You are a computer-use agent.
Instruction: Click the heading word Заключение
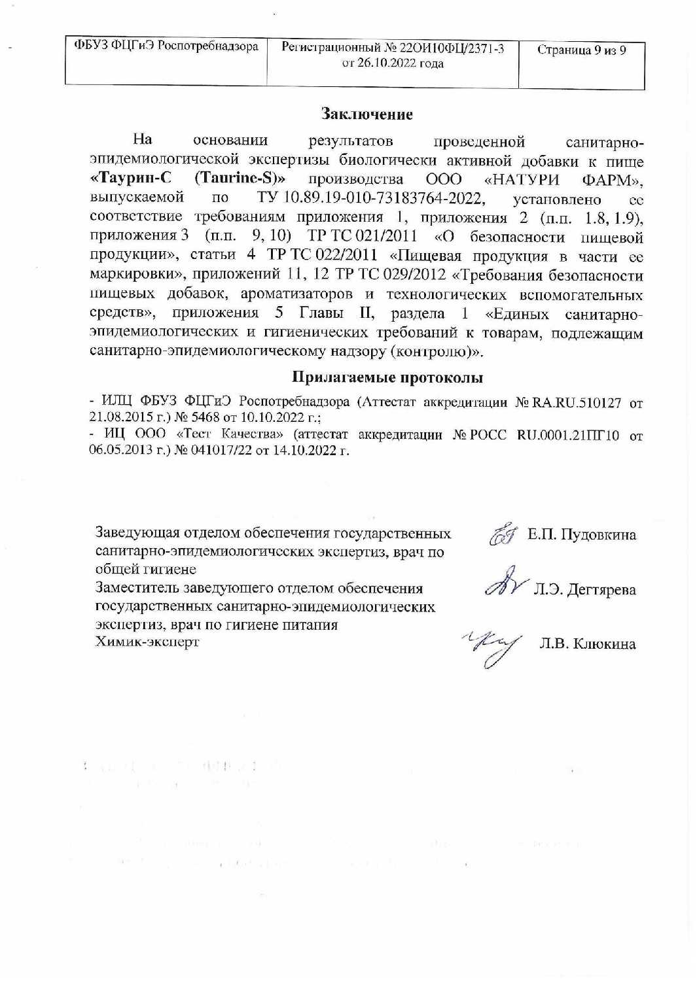(x=366, y=114)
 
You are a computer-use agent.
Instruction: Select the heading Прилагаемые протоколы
(x=387, y=377)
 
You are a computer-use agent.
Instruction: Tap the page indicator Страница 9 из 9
(x=581, y=50)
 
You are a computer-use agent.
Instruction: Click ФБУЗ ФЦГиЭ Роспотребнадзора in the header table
(x=166, y=46)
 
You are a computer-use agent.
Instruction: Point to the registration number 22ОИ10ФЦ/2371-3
(x=453, y=48)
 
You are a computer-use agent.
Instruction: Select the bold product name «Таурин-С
(x=130, y=179)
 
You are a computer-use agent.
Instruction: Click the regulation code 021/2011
(x=385, y=236)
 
